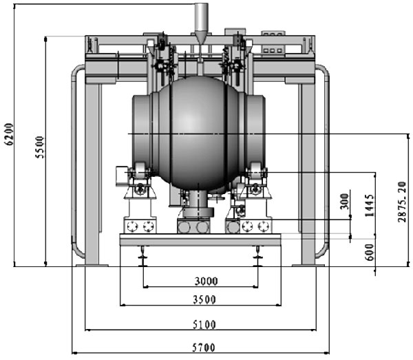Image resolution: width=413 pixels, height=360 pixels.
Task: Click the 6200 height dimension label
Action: click(9, 134)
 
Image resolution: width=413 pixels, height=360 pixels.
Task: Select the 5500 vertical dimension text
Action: click(40, 147)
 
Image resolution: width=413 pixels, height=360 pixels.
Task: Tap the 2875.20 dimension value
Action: click(402, 202)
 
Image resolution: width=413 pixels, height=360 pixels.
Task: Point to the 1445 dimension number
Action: click(370, 206)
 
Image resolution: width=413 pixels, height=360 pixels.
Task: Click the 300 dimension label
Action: click(345, 202)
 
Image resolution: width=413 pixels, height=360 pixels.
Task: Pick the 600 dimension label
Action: click(370, 253)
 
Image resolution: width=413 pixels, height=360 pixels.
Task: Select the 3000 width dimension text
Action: click(206, 282)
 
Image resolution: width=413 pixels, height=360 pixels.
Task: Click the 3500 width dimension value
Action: click(204, 299)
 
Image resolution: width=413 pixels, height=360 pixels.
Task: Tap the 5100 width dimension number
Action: click(204, 325)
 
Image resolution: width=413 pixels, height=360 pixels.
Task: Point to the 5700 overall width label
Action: click(204, 348)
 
